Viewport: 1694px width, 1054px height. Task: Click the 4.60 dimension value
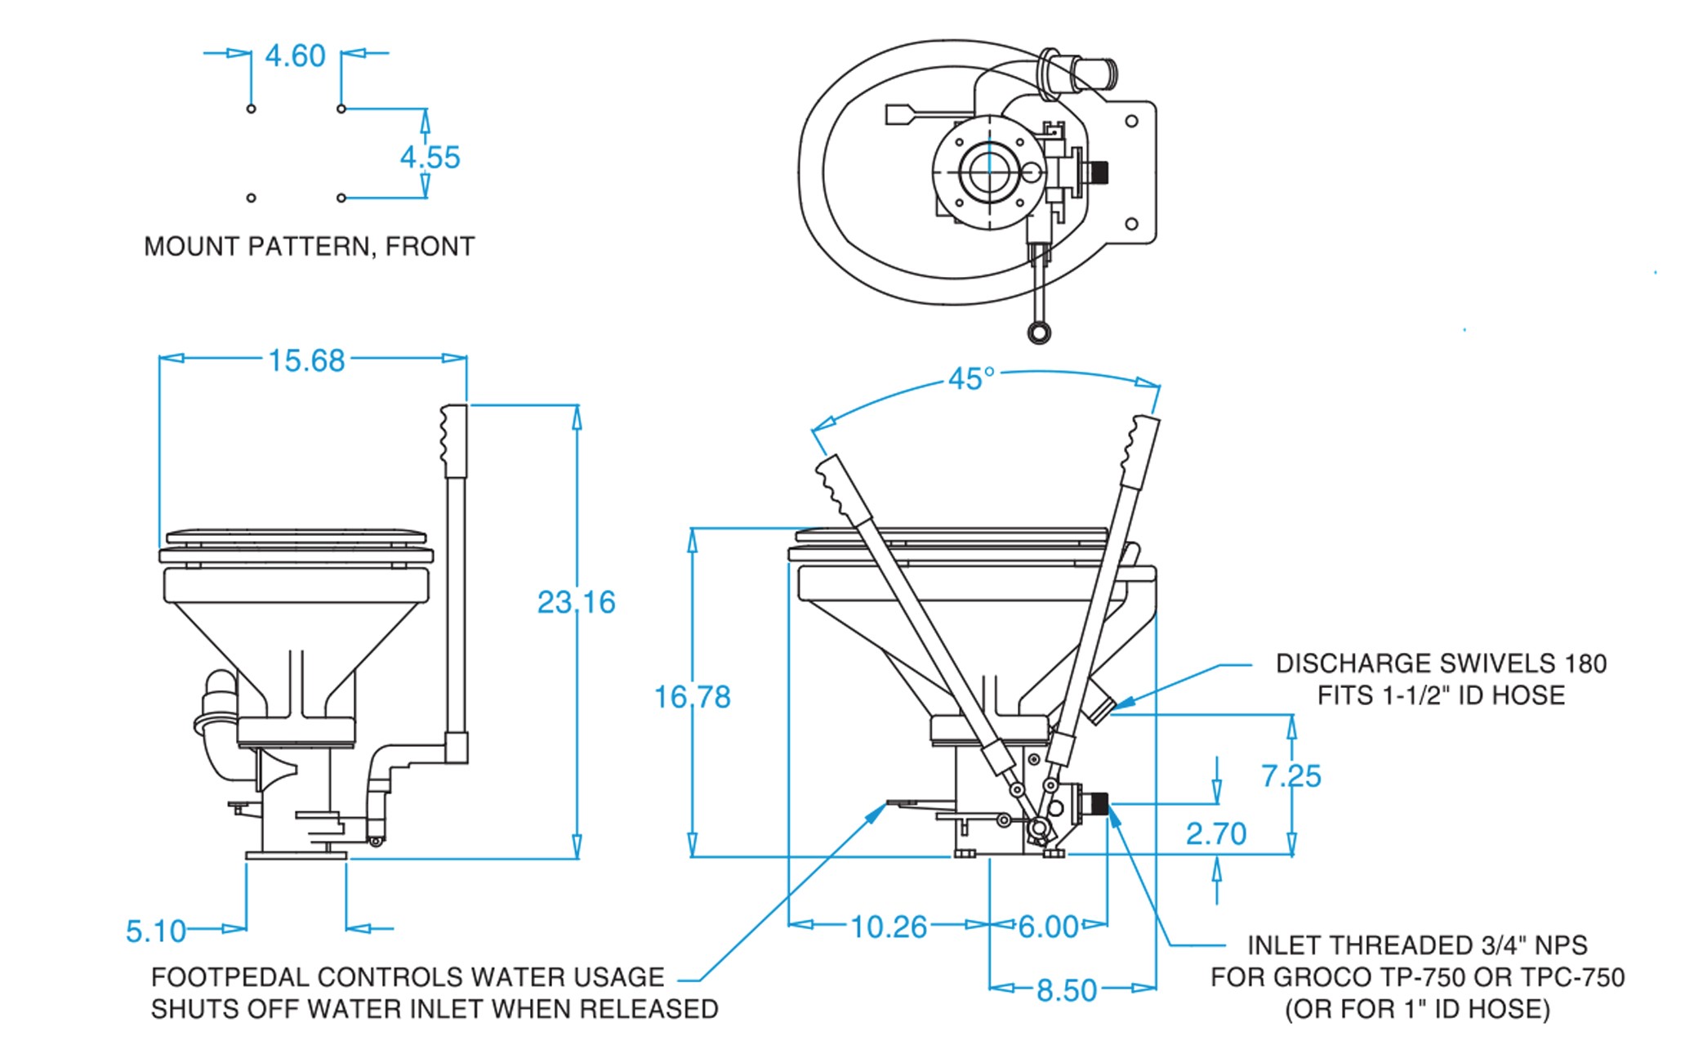pos(295,56)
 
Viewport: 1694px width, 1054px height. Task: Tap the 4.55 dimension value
pos(430,157)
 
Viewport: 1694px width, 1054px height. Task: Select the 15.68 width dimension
pos(306,360)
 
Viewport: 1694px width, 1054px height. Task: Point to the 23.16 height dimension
pos(576,602)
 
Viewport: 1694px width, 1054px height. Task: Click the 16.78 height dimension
pos(692,697)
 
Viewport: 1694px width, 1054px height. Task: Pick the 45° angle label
pos(971,379)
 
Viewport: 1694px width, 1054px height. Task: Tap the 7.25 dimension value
pos(1291,775)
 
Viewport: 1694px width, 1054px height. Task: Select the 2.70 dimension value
pos(1215,833)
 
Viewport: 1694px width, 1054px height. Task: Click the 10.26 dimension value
pos(889,927)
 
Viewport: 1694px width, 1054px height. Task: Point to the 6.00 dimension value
pos(1049,927)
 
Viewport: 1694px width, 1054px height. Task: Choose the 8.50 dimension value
pos(1066,990)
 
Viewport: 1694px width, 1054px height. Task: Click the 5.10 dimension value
pos(155,931)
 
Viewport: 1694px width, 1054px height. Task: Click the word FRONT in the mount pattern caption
pos(430,246)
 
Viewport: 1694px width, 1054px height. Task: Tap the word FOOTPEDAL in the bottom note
pos(230,977)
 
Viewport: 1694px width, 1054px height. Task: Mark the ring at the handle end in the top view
pos(1038,332)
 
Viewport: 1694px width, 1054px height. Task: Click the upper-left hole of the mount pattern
pos(251,109)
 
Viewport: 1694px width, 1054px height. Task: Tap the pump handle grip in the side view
pos(455,441)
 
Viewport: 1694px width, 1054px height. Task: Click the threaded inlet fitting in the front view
pos(1099,803)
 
